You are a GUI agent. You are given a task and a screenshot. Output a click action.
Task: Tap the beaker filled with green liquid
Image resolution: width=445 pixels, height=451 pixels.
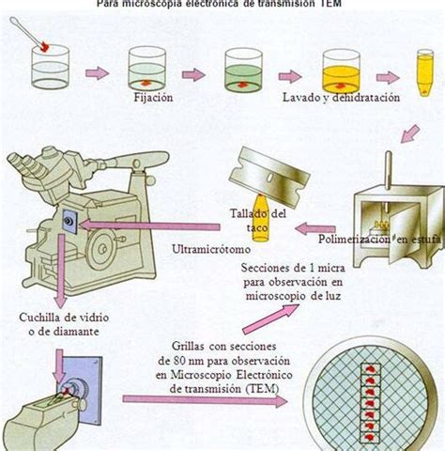[x=247, y=69]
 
